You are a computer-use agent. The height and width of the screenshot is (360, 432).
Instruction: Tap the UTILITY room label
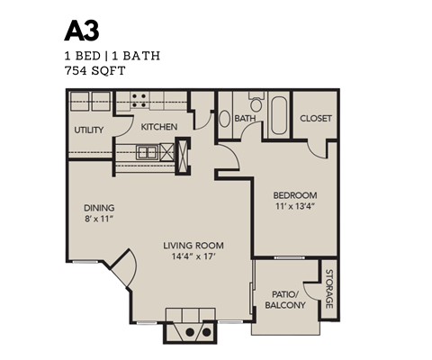tap(89, 130)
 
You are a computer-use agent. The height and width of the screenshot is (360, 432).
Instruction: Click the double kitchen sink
tap(157, 151)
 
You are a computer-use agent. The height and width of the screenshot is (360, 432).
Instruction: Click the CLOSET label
tap(315, 119)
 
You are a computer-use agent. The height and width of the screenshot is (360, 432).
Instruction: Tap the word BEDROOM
tap(293, 194)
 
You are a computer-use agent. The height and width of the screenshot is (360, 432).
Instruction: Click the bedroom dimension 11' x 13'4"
tap(293, 208)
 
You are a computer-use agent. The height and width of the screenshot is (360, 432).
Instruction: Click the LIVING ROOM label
tap(193, 245)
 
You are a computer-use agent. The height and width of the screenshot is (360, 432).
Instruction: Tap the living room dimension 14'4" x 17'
tap(193, 258)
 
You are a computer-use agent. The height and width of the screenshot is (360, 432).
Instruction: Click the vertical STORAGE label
tap(329, 288)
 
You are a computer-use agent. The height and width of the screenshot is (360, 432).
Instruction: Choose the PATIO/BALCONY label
tap(285, 300)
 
